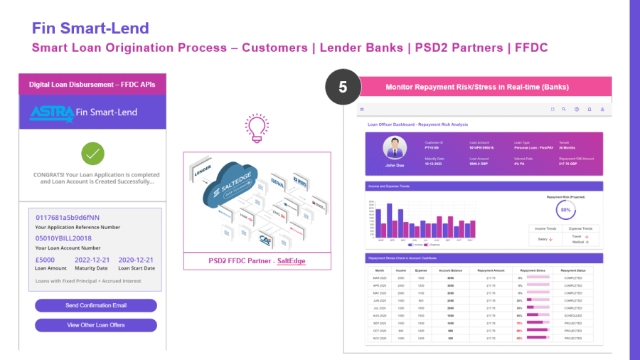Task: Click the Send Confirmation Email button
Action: point(96,305)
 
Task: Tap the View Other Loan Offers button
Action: point(96,325)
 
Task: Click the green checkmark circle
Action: point(93,153)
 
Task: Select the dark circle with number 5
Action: point(343,87)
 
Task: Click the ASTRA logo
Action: point(51,112)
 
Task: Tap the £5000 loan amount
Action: point(45,260)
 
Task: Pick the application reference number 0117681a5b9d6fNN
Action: point(68,218)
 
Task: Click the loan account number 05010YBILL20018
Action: point(63,238)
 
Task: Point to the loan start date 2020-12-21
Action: point(135,260)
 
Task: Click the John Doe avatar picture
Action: point(394,148)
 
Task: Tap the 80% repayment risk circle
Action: point(565,211)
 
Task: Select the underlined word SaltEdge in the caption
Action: point(291,261)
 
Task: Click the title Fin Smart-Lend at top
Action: point(90,28)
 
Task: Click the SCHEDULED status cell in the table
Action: point(572,315)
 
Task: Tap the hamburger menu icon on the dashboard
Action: point(362,110)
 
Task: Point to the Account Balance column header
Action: point(450,270)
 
